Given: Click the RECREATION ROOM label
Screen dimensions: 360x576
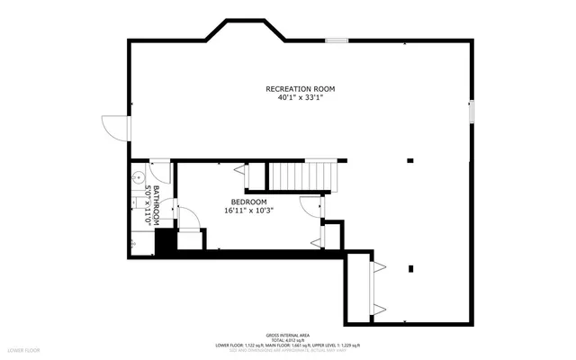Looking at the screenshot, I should (x=300, y=88).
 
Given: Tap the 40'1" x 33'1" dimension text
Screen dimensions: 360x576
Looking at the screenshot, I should (x=300, y=97).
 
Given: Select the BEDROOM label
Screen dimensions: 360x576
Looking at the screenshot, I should (x=248, y=202).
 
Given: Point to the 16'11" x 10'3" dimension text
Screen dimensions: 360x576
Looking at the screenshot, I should (x=248, y=211).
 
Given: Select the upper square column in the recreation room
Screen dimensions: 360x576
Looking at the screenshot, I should (x=410, y=161).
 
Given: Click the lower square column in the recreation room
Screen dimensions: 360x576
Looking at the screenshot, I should (x=410, y=268).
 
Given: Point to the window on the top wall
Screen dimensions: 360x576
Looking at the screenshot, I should (x=337, y=40).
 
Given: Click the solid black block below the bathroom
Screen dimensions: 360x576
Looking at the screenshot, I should (x=165, y=242).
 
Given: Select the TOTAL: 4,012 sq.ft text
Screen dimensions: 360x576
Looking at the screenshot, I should (x=287, y=339).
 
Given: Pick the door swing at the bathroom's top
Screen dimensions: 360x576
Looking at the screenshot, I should (x=160, y=171).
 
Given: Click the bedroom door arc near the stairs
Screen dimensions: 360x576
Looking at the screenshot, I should (x=310, y=206).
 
